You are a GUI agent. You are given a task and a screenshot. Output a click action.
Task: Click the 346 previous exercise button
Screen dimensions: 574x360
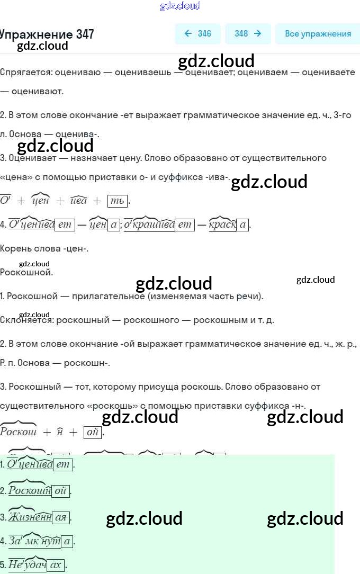coord(197,34)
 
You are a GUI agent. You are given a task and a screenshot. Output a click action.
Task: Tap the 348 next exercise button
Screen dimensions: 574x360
coord(248,34)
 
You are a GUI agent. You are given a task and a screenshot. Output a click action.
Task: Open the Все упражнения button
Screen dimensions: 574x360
coord(318,34)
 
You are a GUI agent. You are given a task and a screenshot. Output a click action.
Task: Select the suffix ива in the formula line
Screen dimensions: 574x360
coord(78,201)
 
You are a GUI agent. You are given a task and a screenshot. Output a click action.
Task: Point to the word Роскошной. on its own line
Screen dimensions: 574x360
coord(26,273)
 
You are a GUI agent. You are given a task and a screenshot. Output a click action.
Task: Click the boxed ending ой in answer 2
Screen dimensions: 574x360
coord(60,491)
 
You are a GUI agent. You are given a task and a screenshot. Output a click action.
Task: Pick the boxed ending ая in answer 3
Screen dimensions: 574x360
coord(61,517)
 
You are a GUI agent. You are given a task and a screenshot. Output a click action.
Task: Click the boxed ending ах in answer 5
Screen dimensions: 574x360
coord(56,566)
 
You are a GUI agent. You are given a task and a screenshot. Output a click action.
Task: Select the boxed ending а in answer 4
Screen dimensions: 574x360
coord(67,541)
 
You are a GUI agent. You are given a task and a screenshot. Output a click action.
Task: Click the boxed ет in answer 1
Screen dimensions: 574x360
coord(63,465)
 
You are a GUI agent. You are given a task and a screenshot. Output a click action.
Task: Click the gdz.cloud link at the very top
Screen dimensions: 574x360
coord(180,6)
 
